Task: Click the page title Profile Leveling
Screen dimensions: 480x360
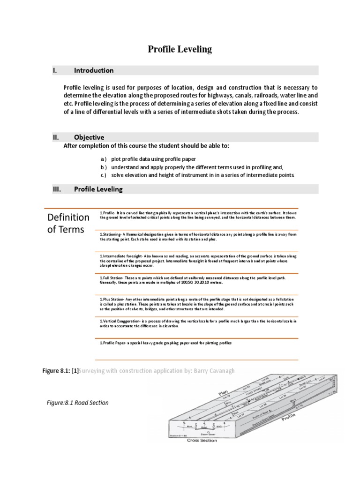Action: pos(180,49)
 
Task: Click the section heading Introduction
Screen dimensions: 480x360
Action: pos(94,70)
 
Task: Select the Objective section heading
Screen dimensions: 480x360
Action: pos(89,137)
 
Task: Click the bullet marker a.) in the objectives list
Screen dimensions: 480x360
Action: pos(103,159)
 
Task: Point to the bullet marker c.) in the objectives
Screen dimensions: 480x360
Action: pos(103,175)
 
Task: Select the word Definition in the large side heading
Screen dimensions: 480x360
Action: pos(68,217)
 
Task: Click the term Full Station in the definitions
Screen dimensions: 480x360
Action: pos(112,278)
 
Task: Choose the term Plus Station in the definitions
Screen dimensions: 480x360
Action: pos(113,299)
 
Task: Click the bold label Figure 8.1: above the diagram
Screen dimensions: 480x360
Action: pos(56,371)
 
